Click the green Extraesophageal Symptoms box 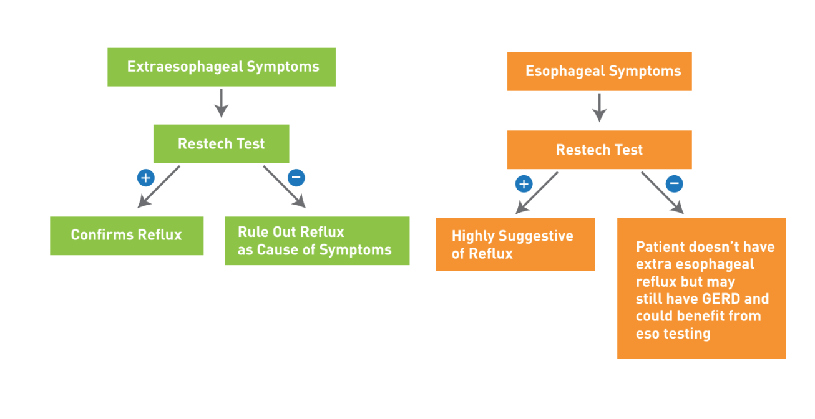pyautogui.click(x=222, y=67)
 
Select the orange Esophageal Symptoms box pyautogui.click(x=600, y=72)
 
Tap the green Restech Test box pyautogui.click(x=221, y=144)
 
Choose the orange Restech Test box pyautogui.click(x=600, y=150)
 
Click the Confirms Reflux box pyautogui.click(x=127, y=236)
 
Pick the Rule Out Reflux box pyautogui.click(x=317, y=241)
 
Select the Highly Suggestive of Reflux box pyautogui.click(x=515, y=244)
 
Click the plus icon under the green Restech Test pyautogui.click(x=146, y=178)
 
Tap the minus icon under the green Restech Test pyautogui.click(x=296, y=178)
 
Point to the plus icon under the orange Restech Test pyautogui.click(x=524, y=184)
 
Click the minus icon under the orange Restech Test pyautogui.click(x=674, y=184)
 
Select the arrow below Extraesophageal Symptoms pyautogui.click(x=221, y=104)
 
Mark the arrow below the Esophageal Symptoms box pyautogui.click(x=599, y=108)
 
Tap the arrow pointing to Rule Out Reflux pyautogui.click(x=285, y=187)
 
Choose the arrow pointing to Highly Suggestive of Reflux pyautogui.click(x=537, y=193)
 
